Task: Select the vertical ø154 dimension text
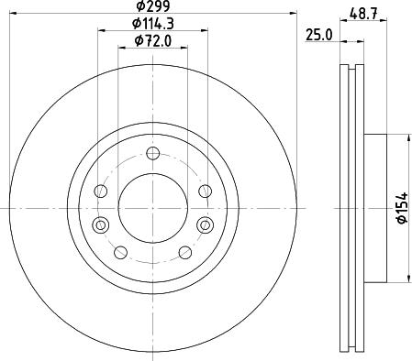click(401, 209)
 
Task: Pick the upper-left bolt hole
click(102, 191)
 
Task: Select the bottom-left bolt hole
click(119, 251)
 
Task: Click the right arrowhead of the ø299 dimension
click(295, 14)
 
